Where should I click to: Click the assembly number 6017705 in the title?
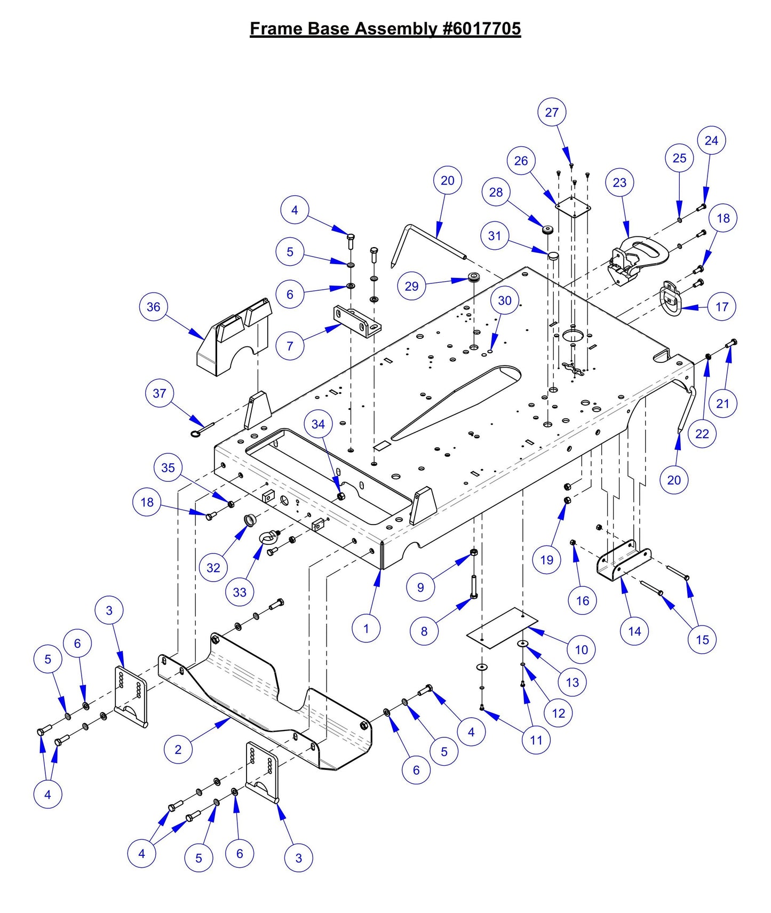click(481, 28)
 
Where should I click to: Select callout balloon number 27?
click(552, 112)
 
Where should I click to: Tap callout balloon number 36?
click(153, 307)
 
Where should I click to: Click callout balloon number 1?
click(366, 628)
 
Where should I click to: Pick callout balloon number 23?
click(619, 182)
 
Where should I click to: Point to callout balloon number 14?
click(634, 631)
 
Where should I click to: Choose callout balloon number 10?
click(581, 649)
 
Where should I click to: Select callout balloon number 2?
click(178, 749)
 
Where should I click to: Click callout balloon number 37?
click(160, 393)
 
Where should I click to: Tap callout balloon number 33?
click(240, 592)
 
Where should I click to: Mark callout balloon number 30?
click(505, 300)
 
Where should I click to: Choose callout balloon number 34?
click(318, 424)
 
